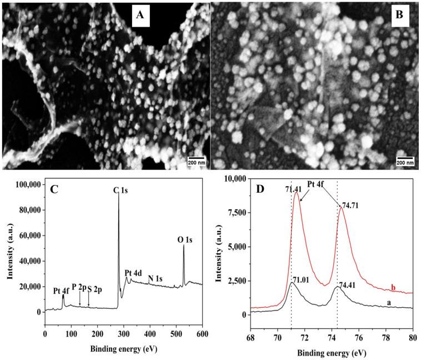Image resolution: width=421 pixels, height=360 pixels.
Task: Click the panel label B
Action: [x=398, y=16]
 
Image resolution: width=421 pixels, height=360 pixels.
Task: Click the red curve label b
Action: [x=394, y=288]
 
